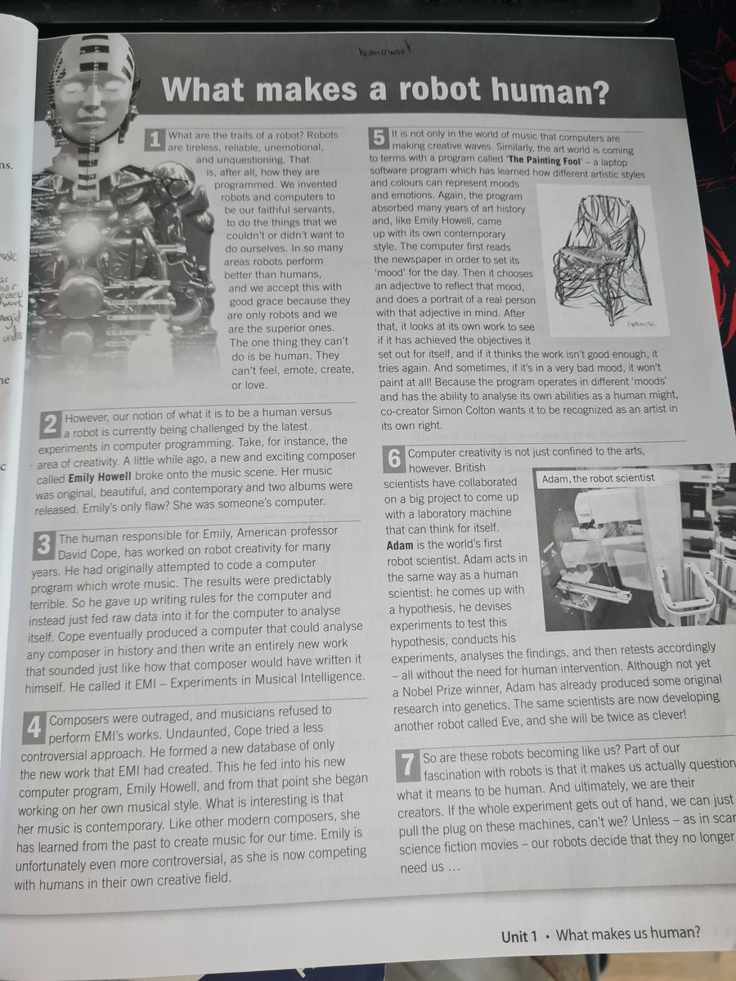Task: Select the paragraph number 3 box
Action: click(x=44, y=544)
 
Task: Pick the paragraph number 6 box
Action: click(x=394, y=459)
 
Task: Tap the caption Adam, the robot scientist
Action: click(x=598, y=478)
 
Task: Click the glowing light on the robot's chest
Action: click(x=83, y=236)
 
